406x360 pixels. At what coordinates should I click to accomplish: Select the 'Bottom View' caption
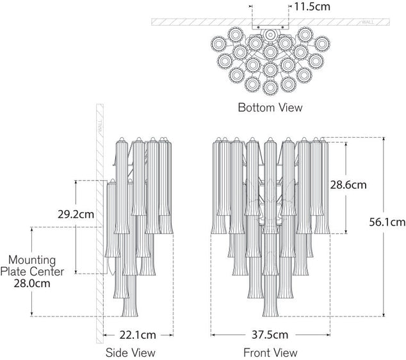point(270,107)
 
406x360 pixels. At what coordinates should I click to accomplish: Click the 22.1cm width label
point(138,334)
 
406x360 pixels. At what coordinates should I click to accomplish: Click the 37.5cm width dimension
point(270,334)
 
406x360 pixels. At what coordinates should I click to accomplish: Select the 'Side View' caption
point(130,352)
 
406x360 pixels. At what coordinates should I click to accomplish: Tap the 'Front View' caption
point(270,352)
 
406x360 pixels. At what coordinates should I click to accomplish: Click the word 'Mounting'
point(32,261)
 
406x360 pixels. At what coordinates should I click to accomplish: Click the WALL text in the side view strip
point(100,128)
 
